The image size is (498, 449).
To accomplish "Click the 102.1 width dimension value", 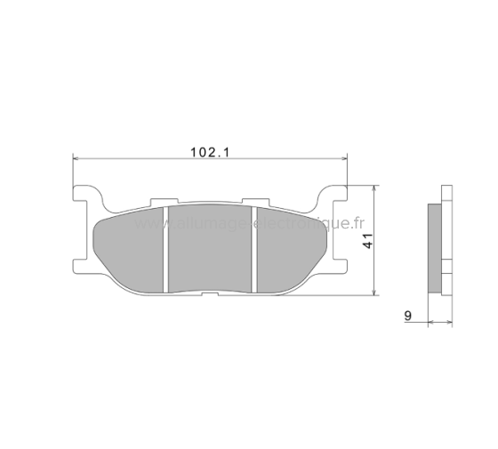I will (x=211, y=152).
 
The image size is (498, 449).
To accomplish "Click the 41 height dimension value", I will (x=365, y=238).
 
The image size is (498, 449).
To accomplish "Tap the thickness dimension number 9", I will (x=406, y=314).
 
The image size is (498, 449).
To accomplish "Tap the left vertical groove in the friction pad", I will (x=167, y=248).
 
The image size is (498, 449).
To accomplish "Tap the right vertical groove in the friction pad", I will (x=255, y=248).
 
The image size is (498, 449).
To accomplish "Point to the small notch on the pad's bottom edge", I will (x=210, y=293).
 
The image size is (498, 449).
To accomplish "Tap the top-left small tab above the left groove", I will (x=161, y=204).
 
